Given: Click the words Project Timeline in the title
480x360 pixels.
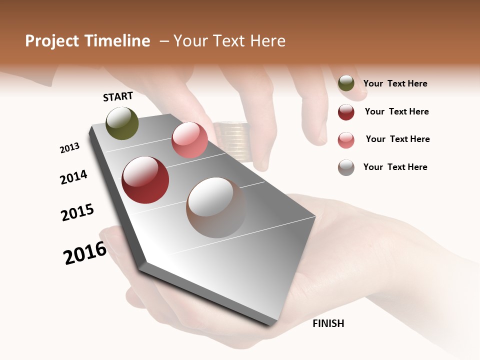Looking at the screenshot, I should click(87, 41).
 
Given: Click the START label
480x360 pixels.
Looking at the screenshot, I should click(118, 96).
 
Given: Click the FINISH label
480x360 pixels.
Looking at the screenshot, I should click(328, 323).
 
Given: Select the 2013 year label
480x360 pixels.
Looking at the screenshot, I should click(70, 148).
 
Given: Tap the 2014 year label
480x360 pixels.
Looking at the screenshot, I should click(74, 177).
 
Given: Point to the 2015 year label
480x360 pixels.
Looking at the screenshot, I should click(77, 212).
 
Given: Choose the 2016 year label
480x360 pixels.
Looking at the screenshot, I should click(85, 253).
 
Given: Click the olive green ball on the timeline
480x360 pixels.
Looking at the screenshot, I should click(122, 123).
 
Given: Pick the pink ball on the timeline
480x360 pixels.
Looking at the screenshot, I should click(189, 140).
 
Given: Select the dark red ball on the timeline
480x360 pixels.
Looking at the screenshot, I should click(145, 180).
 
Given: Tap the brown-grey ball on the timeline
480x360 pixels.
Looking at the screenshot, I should click(216, 207).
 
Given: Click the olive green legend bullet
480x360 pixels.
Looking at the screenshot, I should click(346, 83).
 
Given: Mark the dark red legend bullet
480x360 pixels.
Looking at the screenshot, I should click(346, 112).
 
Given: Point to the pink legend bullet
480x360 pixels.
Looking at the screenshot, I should click(346, 140).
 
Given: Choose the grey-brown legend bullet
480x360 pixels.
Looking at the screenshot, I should click(346, 167).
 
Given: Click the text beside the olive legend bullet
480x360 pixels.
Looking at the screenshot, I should click(395, 83).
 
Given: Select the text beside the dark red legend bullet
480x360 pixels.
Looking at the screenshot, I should click(397, 111).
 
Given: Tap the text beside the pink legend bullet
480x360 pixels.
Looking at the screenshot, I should click(398, 139).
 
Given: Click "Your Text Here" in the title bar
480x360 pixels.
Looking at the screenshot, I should click(229, 41).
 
